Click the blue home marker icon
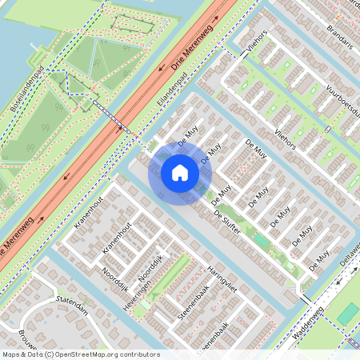180,173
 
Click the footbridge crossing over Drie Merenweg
112,115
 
